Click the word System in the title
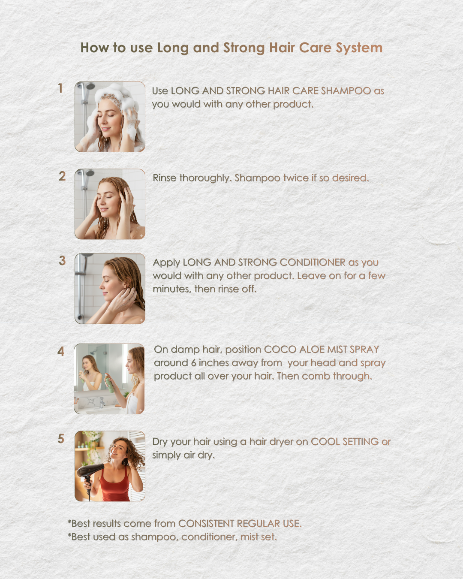click(x=359, y=48)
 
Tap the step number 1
click(x=60, y=88)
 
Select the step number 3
click(x=62, y=260)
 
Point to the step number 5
click(x=61, y=439)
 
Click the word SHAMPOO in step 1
click(x=346, y=90)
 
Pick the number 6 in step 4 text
click(x=193, y=363)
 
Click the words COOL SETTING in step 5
click(x=345, y=441)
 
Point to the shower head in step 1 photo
click(x=90, y=86)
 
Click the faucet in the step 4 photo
click(x=102, y=402)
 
